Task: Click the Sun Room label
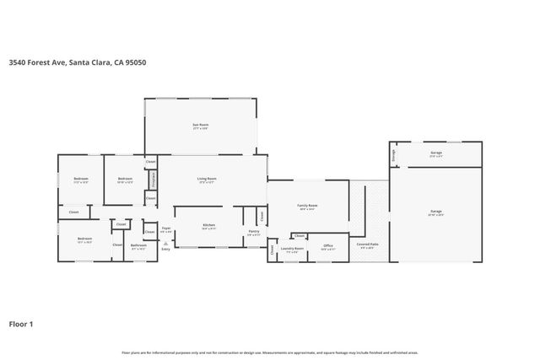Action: [x=200, y=125]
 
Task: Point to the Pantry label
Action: [x=254, y=232]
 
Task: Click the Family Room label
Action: [x=306, y=206]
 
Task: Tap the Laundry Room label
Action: [x=293, y=249]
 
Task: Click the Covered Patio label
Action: [x=368, y=245]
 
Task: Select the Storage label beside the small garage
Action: [x=392, y=156]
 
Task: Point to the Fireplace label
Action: [x=154, y=180]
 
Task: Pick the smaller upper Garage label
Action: [x=435, y=154]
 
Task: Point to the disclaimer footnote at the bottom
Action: [x=269, y=352]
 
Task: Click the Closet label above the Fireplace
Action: [x=150, y=161]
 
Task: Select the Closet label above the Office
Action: [x=300, y=236]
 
